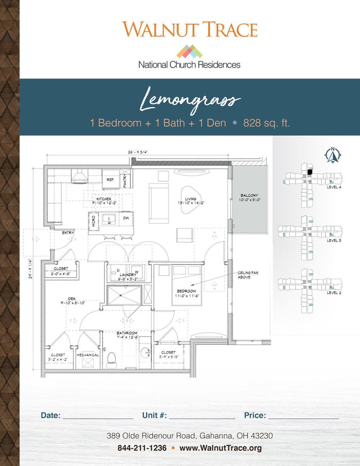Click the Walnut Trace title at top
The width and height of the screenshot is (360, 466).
coord(190,29)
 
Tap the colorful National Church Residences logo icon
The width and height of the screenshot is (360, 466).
coord(189,51)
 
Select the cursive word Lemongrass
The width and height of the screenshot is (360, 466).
coord(190,100)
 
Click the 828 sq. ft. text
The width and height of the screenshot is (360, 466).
coord(266,123)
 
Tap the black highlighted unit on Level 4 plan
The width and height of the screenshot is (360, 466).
coord(309,172)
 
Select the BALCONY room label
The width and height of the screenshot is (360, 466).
coord(249,195)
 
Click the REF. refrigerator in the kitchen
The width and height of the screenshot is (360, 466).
coord(110,179)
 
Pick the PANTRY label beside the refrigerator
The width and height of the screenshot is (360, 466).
coord(125,180)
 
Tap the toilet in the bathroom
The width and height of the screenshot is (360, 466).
coord(112,359)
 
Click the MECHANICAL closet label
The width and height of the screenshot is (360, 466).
coord(88,355)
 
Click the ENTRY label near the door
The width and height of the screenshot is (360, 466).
coord(68,233)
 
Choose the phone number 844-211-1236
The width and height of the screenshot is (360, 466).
coord(142,448)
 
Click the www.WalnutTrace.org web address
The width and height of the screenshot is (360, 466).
coord(221,448)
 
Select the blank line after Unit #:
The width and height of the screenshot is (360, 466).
coord(202,416)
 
